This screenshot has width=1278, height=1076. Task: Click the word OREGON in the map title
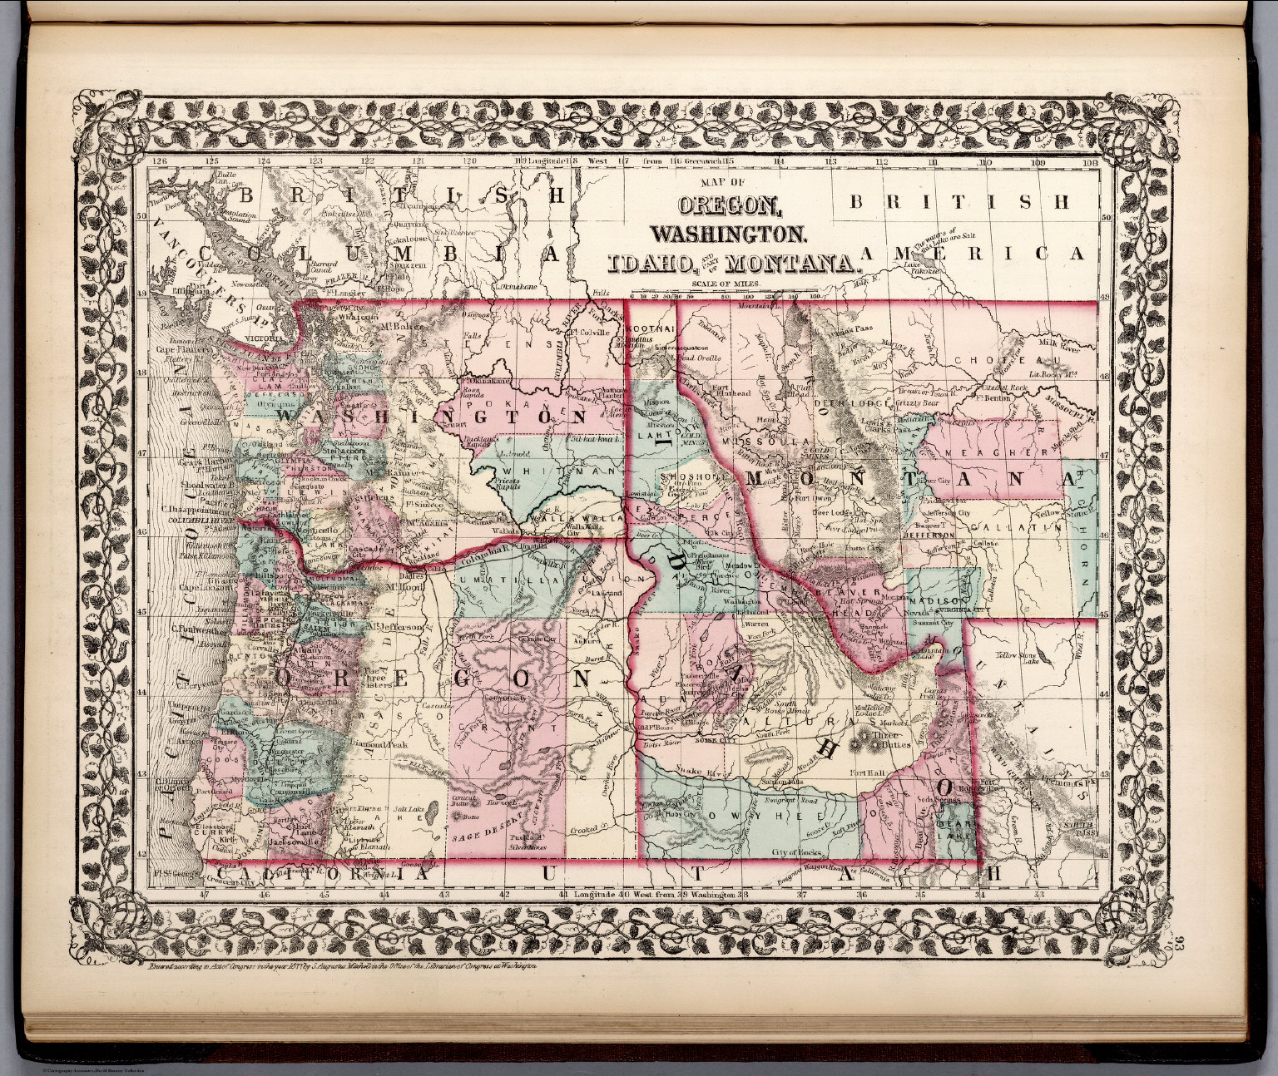coord(730,204)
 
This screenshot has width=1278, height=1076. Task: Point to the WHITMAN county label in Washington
coord(538,471)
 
